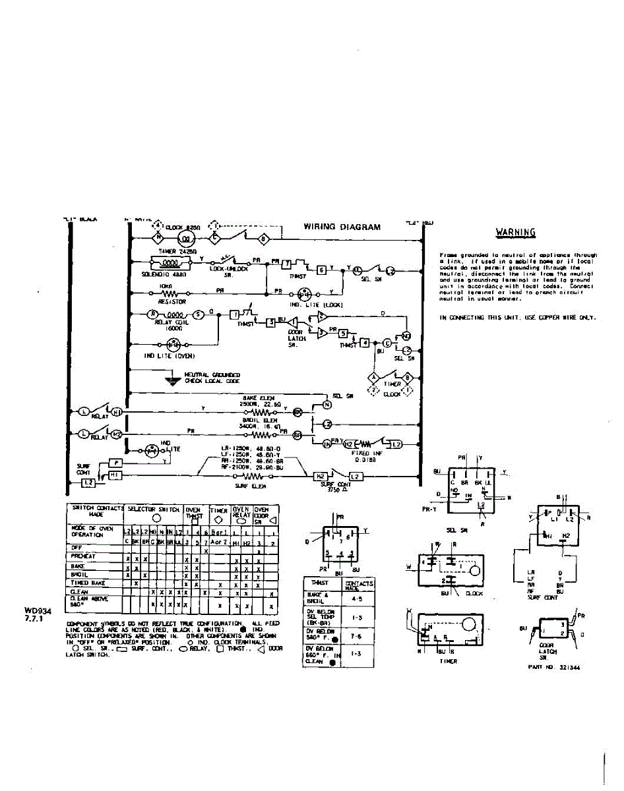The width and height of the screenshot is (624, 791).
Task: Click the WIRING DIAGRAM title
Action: pos(342,227)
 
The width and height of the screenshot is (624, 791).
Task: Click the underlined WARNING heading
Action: pos(515,232)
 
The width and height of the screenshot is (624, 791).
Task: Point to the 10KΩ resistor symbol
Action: pos(170,294)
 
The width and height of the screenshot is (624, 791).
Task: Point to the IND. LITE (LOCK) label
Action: pos(305,305)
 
